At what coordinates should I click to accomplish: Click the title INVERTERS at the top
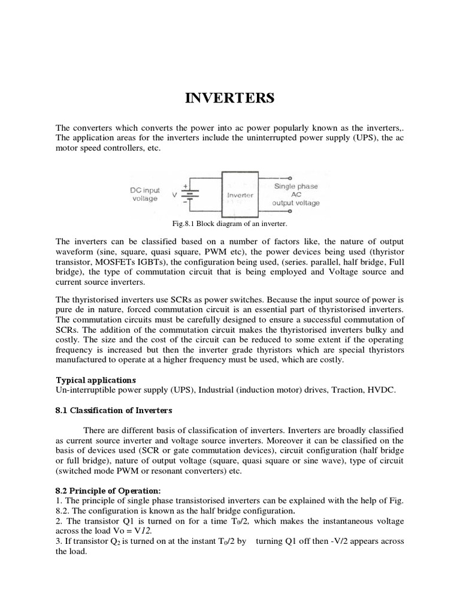230,98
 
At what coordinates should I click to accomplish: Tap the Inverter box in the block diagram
240,195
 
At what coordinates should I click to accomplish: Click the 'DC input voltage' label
144,194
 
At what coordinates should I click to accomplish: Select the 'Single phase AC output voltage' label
296,195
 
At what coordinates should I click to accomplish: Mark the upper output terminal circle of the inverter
290,178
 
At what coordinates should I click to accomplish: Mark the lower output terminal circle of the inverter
290,211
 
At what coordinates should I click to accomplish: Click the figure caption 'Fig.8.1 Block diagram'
229,224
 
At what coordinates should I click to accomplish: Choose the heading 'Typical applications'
96,380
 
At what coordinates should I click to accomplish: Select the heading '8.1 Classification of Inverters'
114,410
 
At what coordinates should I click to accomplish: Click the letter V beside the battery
174,195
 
